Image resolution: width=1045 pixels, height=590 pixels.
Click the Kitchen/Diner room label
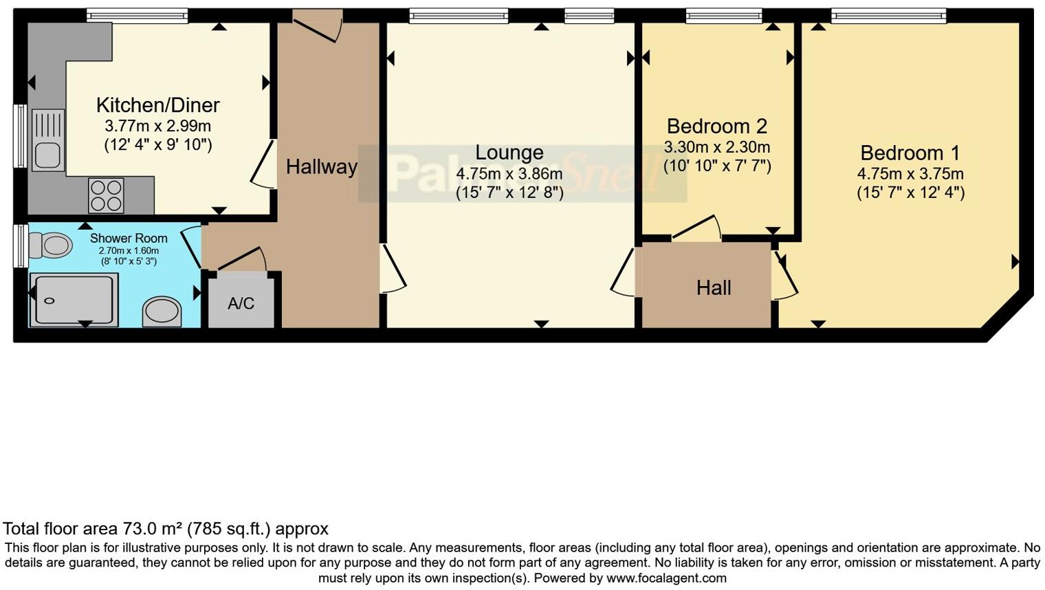tap(157, 105)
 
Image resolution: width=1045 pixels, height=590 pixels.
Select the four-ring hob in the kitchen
tap(106, 195)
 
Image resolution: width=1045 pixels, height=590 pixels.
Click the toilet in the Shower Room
tap(52, 245)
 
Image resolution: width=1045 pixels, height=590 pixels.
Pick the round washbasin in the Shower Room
tap(162, 312)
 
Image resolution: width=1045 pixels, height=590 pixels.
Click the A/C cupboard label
tap(241, 303)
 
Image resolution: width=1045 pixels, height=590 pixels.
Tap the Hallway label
tap(321, 166)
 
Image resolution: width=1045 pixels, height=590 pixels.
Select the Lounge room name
tap(509, 153)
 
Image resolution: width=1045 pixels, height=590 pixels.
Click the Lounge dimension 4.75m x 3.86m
tap(509, 174)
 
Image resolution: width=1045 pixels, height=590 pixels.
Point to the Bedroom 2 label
tap(716, 127)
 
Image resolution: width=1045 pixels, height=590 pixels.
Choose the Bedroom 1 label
tap(910, 153)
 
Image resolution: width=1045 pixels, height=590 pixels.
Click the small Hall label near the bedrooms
tap(713, 287)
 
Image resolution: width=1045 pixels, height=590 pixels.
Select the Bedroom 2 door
tap(696, 228)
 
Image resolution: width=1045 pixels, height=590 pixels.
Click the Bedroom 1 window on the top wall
tap(888, 16)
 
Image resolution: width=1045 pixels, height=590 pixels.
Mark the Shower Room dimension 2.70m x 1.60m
tap(129, 250)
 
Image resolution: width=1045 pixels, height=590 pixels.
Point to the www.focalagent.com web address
tap(666, 578)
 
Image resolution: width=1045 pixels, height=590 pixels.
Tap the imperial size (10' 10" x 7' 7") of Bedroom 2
tap(716, 166)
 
